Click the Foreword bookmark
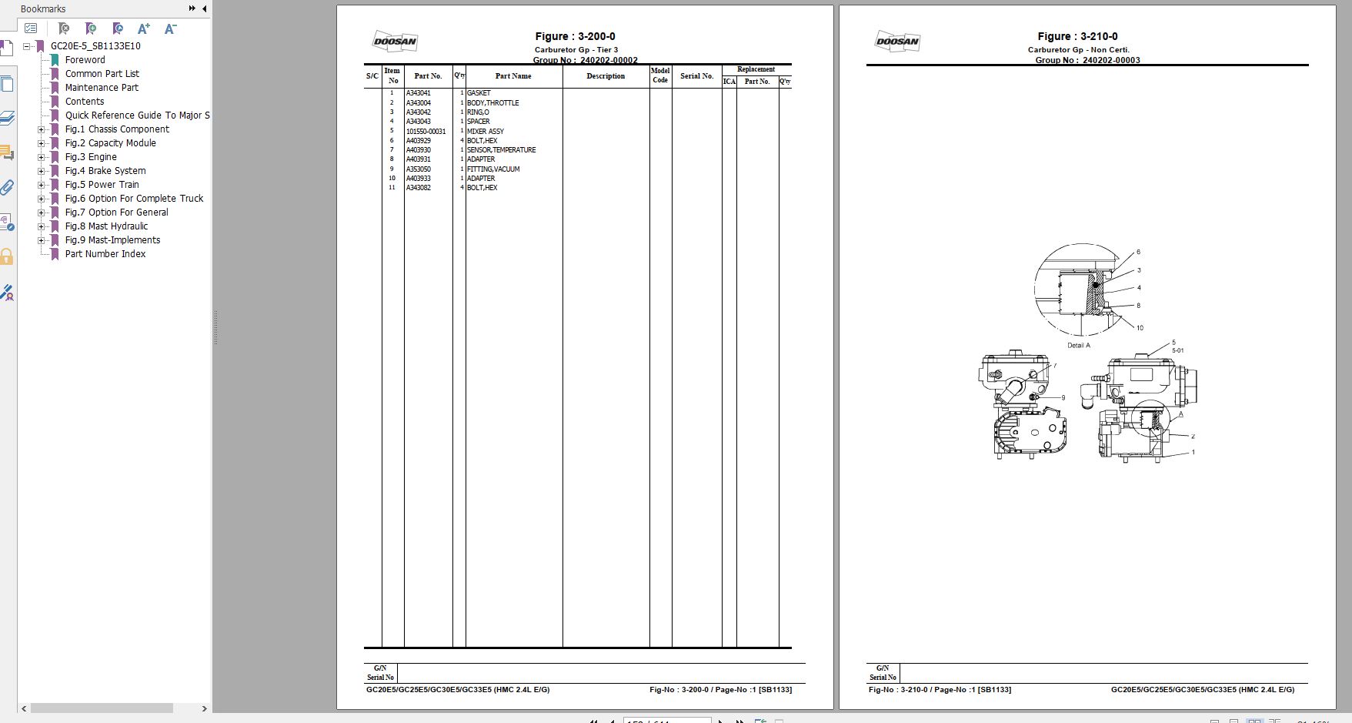tap(85, 60)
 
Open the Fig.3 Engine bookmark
tap(91, 157)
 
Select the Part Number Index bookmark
tap(105, 254)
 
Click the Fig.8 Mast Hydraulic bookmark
tap(106, 226)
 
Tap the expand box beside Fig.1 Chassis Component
tap(42, 129)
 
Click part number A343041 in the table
tap(419, 93)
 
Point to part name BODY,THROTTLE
tap(492, 103)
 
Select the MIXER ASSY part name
tap(485, 132)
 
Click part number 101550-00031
tap(426, 132)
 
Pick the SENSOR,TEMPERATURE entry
tap(501, 150)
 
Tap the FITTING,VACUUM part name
tap(492, 169)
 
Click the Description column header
tap(606, 76)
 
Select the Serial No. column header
tap(696, 76)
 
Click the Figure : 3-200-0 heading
tap(575, 36)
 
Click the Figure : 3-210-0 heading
tap(1077, 36)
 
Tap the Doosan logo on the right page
tap(897, 42)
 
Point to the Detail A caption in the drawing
tap(1078, 346)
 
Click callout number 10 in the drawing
tap(1140, 328)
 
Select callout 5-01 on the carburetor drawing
tap(1177, 351)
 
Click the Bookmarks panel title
tap(43, 9)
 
